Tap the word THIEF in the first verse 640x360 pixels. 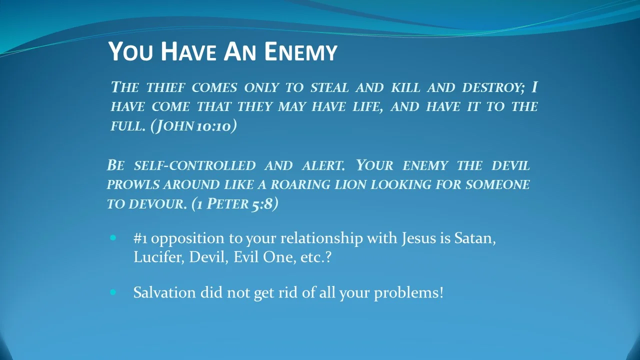165,87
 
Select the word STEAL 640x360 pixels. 329,87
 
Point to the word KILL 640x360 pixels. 405,87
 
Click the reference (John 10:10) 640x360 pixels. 193,126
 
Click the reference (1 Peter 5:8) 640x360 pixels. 235,204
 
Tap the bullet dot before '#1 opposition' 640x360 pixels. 113,238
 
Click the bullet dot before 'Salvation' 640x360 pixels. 113,292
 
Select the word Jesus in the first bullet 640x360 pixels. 418,238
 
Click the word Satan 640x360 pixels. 474,238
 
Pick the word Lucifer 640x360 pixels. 159,257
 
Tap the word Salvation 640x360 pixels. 164,292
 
